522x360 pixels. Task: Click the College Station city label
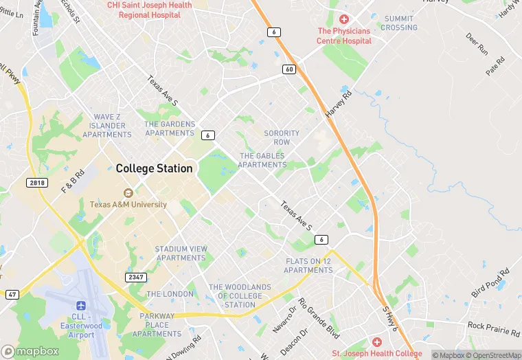(x=154, y=168)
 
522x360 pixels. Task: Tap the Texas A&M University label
(x=128, y=205)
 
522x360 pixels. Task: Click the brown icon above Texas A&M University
(x=128, y=193)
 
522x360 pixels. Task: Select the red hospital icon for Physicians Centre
(x=344, y=19)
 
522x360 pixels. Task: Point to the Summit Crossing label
(x=399, y=23)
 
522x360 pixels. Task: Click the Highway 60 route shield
(x=289, y=69)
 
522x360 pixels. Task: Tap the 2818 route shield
(x=37, y=182)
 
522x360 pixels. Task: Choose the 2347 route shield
(x=136, y=277)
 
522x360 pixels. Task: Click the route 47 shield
(x=12, y=294)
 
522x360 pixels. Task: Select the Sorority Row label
(x=282, y=137)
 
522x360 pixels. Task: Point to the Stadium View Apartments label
(x=181, y=254)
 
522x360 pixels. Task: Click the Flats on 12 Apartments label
(x=309, y=265)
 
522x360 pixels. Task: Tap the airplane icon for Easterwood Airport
(x=82, y=304)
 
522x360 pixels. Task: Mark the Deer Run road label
(x=477, y=44)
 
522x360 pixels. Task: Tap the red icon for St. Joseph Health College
(x=376, y=342)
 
